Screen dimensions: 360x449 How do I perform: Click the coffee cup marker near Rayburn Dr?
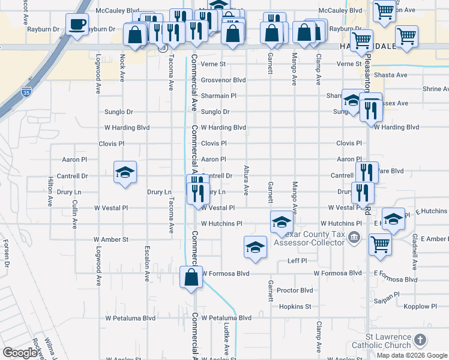76,25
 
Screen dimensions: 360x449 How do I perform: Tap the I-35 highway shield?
26,92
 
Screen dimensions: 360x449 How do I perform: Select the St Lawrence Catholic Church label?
381,341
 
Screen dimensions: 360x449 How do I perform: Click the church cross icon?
420,340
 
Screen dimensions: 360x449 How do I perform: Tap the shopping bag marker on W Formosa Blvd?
191,278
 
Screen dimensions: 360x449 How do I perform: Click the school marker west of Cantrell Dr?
125,173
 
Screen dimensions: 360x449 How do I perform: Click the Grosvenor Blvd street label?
223,80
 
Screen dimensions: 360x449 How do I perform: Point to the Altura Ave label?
246,181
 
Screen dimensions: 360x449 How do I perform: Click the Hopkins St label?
295,306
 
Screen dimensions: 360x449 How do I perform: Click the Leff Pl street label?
297,261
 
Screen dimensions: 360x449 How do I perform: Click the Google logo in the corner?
20,353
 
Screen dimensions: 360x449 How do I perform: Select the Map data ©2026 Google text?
412,355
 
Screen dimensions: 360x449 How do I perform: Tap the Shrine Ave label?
435,89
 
